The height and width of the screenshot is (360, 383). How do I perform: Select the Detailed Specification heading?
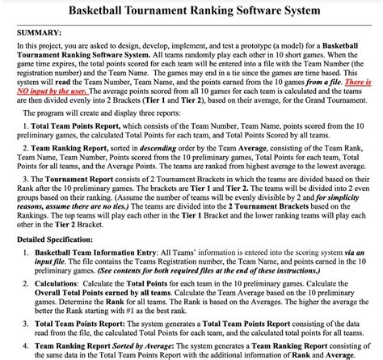tap(61, 242)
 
